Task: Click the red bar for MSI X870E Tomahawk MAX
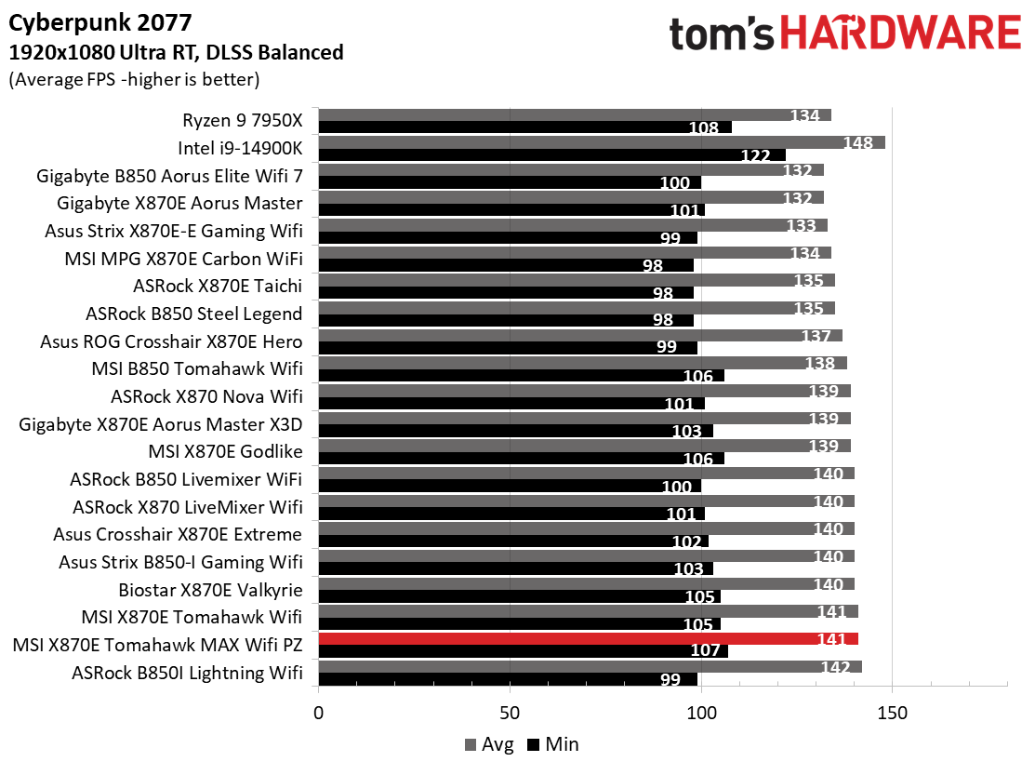(586, 638)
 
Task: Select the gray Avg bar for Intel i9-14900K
(600, 142)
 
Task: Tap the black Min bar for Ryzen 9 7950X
(524, 127)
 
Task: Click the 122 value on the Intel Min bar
(756, 155)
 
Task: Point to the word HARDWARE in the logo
(899, 35)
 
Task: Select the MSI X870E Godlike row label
(226, 452)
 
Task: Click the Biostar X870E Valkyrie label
(211, 590)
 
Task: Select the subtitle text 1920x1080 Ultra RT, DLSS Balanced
(176, 52)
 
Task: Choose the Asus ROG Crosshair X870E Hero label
(172, 341)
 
